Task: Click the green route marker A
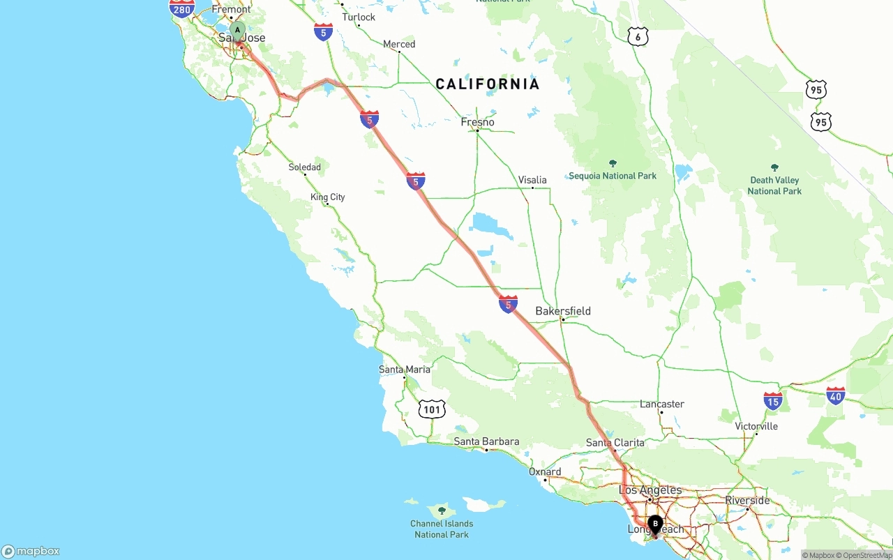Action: (237, 31)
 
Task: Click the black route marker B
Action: (655, 524)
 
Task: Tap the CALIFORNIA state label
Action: (488, 84)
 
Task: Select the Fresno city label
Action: (478, 122)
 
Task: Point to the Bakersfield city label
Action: (563, 311)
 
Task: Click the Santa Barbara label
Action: (486, 441)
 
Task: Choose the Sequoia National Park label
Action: (613, 176)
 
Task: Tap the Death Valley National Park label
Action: (774, 186)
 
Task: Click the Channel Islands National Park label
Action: (442, 529)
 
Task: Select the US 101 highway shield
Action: (432, 409)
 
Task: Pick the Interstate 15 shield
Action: (773, 400)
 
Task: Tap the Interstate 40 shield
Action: (835, 396)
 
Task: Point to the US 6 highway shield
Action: (638, 37)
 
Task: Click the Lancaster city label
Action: (662, 404)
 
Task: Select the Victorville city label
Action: (756, 426)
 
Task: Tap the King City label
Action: (328, 197)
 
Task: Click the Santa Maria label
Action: (405, 370)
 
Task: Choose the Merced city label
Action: (399, 45)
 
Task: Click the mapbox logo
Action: (31, 551)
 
